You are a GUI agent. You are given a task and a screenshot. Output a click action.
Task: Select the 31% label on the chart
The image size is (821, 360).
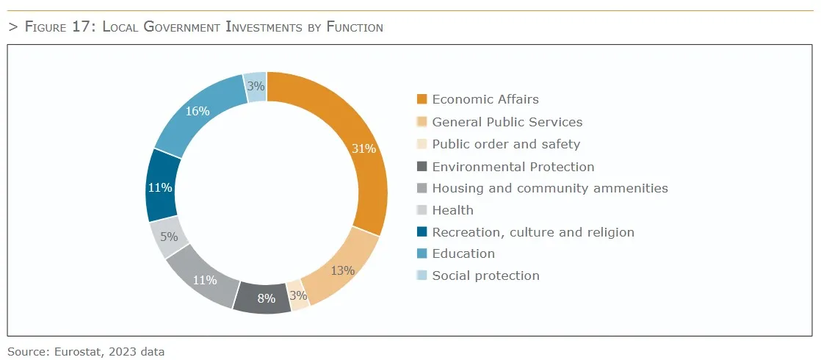pos(364,148)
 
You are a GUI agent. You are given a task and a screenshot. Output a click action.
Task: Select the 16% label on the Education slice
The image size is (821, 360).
pos(198,112)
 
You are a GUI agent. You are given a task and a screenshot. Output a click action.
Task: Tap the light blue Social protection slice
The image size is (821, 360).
pos(256,87)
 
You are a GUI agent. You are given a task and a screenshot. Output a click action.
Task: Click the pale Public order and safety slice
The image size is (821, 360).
pos(297,295)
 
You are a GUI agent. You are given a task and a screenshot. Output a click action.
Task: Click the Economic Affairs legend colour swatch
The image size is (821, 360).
pos(422,99)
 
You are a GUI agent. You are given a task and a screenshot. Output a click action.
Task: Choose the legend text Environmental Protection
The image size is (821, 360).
pos(513,167)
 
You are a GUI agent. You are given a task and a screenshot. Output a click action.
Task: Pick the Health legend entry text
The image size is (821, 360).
pos(452,210)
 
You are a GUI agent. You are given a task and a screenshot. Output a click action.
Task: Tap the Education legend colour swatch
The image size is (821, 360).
pos(422,253)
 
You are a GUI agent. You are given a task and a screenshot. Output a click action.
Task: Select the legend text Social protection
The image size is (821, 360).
pos(485,276)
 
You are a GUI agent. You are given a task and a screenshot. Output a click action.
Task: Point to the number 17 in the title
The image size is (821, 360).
pos(85,27)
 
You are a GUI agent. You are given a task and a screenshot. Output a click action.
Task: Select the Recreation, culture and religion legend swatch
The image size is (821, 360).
pos(422,232)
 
